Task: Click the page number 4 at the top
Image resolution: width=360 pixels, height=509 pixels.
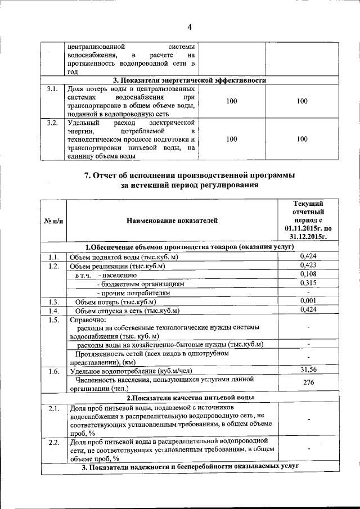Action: click(x=190, y=26)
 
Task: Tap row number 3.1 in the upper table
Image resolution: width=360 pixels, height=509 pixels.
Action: click(x=52, y=89)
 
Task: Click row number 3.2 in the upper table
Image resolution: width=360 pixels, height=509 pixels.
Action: click(x=52, y=123)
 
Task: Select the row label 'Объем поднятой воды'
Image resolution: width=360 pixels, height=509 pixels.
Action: click(x=123, y=257)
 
